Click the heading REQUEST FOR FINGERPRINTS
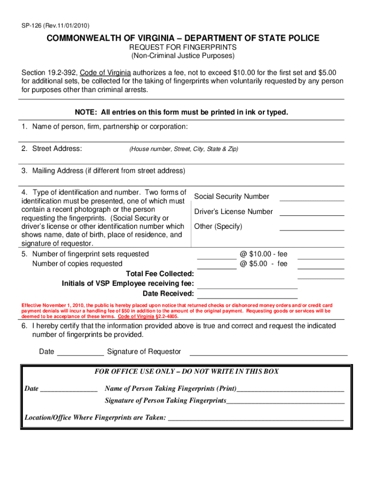183,48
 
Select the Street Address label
51,149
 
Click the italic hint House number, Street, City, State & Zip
183,150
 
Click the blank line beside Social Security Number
312,200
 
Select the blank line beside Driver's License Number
312,215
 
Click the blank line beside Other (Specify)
312,230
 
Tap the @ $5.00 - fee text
263,264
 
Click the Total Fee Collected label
160,274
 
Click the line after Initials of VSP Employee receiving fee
247,288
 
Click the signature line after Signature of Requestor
269,355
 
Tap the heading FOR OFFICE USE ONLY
187,372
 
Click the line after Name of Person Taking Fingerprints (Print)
290,391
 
